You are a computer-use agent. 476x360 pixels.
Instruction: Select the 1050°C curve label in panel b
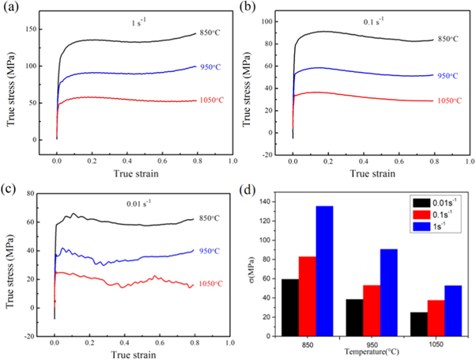452,100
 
